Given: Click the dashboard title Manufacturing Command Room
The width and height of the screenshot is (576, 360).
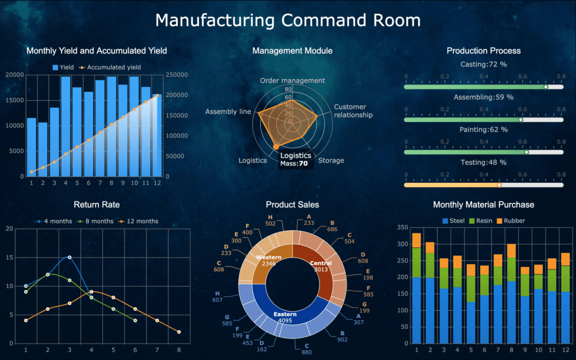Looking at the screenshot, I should [287, 20].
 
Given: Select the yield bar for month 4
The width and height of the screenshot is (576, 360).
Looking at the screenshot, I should [66, 126].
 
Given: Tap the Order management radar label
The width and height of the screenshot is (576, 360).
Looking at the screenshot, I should [292, 80].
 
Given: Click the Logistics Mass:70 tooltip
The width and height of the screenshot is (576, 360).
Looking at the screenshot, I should [295, 159].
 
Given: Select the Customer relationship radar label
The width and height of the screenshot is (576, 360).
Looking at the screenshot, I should [353, 111].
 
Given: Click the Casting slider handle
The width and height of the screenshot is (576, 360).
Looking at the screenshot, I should [546, 87].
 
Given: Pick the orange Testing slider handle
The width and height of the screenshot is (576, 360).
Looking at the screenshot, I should [499, 184].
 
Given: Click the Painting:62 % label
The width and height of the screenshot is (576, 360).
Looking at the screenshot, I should [483, 129].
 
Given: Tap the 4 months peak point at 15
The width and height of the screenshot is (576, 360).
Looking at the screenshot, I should [69, 257].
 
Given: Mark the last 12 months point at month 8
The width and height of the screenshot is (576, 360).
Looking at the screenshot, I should [179, 332].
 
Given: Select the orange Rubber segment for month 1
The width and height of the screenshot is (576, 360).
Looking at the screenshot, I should [416, 240].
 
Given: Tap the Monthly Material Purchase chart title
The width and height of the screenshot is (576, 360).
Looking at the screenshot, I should [483, 204].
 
